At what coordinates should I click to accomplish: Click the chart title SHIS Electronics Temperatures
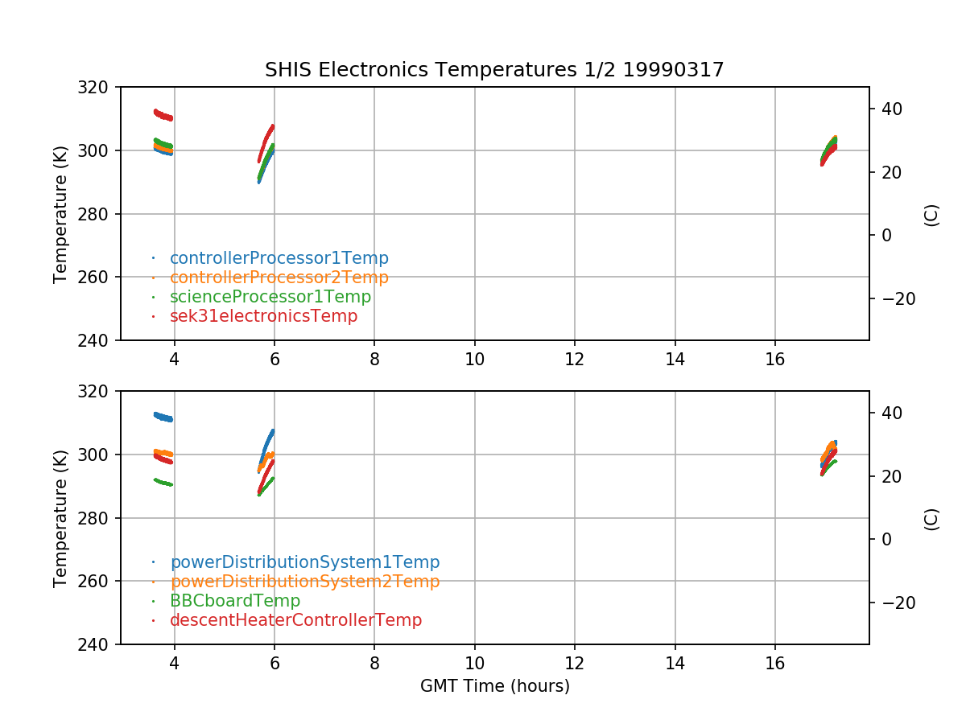[x=494, y=70]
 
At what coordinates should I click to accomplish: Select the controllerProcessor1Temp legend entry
[x=279, y=258]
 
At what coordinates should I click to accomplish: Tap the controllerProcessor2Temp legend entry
[x=279, y=278]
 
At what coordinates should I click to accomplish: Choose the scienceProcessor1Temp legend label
[x=270, y=297]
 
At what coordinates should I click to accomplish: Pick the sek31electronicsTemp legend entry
[x=263, y=316]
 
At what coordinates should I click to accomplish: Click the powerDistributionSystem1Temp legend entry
[x=304, y=562]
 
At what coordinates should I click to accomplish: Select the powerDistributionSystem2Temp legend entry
[x=304, y=582]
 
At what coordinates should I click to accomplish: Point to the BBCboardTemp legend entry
[x=234, y=601]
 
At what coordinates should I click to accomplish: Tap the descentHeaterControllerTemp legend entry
[x=295, y=620]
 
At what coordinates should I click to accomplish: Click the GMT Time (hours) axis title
[x=494, y=686]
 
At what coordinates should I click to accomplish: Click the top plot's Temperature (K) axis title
[x=60, y=213]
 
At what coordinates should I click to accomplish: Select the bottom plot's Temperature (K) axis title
[x=60, y=517]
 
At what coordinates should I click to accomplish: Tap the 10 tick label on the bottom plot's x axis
[x=474, y=662]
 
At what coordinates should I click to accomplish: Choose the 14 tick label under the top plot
[x=675, y=358]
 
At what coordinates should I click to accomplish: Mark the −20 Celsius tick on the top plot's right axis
[x=897, y=298]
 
